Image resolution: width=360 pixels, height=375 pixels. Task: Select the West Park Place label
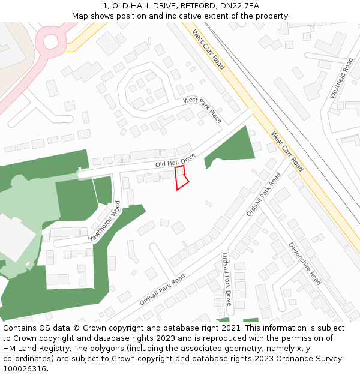(x=203, y=110)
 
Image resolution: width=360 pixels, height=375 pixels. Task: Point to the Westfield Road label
(x=341, y=79)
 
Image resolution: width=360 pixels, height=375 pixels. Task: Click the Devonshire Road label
(x=305, y=263)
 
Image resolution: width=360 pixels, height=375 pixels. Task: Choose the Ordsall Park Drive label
(x=227, y=279)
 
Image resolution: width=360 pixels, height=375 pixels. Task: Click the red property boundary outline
(x=181, y=178)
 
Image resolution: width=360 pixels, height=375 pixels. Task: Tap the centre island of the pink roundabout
(x=49, y=41)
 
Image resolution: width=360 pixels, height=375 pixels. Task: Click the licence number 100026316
(x=25, y=368)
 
